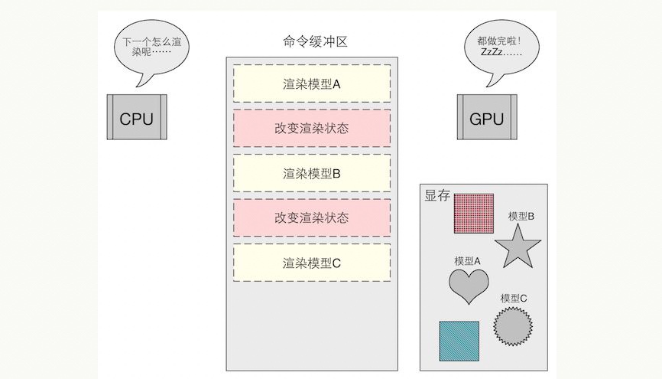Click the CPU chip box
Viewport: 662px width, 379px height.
point(136,118)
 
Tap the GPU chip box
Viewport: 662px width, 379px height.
point(487,118)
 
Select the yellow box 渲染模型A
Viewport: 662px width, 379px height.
point(312,83)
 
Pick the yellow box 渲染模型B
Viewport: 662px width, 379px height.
point(312,173)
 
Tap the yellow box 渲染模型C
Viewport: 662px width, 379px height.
point(312,263)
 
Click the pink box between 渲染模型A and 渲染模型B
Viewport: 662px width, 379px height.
point(312,128)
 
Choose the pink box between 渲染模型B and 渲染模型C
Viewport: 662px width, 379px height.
point(312,217)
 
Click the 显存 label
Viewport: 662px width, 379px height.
point(436,196)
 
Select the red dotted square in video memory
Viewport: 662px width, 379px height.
point(474,213)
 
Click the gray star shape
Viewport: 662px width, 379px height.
point(518,247)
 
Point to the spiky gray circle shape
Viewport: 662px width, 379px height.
point(512,326)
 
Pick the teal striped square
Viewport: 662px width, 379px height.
point(459,341)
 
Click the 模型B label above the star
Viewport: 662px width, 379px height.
point(521,216)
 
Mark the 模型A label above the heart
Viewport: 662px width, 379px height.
point(467,260)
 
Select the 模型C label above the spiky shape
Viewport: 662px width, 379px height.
point(514,298)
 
